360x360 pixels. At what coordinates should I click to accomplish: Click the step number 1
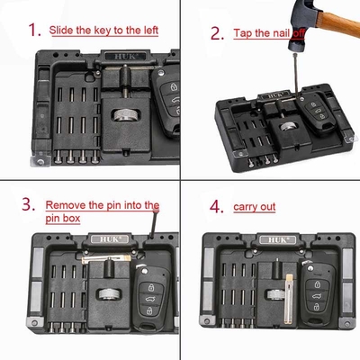(x=34, y=30)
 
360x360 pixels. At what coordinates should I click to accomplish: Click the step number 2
(x=217, y=33)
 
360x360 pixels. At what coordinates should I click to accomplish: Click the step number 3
(x=29, y=204)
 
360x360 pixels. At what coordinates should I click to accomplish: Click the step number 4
(x=217, y=207)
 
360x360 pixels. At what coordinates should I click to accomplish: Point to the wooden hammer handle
(x=339, y=22)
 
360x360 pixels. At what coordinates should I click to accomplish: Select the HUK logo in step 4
(x=278, y=239)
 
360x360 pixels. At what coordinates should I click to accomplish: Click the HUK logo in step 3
(x=110, y=239)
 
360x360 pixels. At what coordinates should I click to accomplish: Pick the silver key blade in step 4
(x=289, y=299)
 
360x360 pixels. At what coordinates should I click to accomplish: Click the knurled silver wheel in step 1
(x=126, y=115)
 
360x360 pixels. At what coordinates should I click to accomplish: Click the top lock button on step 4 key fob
(x=318, y=283)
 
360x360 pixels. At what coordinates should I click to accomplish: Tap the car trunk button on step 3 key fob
(x=149, y=299)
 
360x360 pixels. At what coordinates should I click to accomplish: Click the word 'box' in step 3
(x=72, y=218)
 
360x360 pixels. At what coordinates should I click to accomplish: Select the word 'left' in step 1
(x=151, y=30)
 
